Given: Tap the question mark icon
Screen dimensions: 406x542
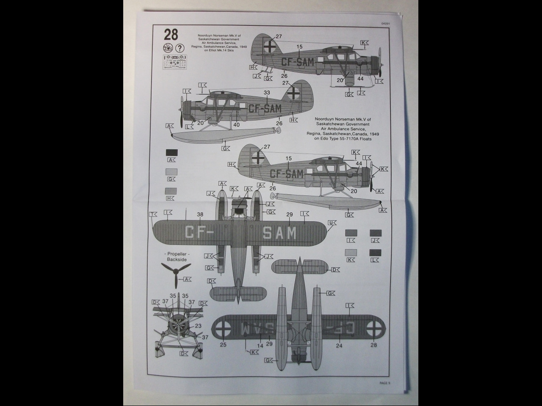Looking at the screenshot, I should coord(180,48).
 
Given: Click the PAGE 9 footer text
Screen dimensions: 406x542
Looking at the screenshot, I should coord(384,383).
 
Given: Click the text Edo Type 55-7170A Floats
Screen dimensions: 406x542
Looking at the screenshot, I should coord(343,139).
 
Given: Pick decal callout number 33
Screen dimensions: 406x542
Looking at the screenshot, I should coord(266,93).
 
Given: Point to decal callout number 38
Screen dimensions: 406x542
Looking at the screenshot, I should coord(200,215).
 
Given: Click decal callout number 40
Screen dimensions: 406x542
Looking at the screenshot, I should coord(236,124).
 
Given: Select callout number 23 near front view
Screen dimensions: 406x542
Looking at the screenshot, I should coord(198,326).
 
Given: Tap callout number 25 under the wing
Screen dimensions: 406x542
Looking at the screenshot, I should coord(223,345).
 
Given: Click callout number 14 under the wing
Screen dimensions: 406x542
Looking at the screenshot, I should coord(260,346).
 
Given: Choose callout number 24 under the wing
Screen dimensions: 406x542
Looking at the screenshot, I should coord(339,346).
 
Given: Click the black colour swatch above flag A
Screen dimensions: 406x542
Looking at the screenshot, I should coord(171,153).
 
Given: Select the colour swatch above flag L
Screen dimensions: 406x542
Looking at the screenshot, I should coord(375,253).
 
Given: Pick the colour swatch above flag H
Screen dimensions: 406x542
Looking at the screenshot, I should coord(171,191).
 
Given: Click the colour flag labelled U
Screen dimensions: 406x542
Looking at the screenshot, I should coord(332,223).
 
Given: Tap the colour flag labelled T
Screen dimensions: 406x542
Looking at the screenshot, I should coord(153,214).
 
